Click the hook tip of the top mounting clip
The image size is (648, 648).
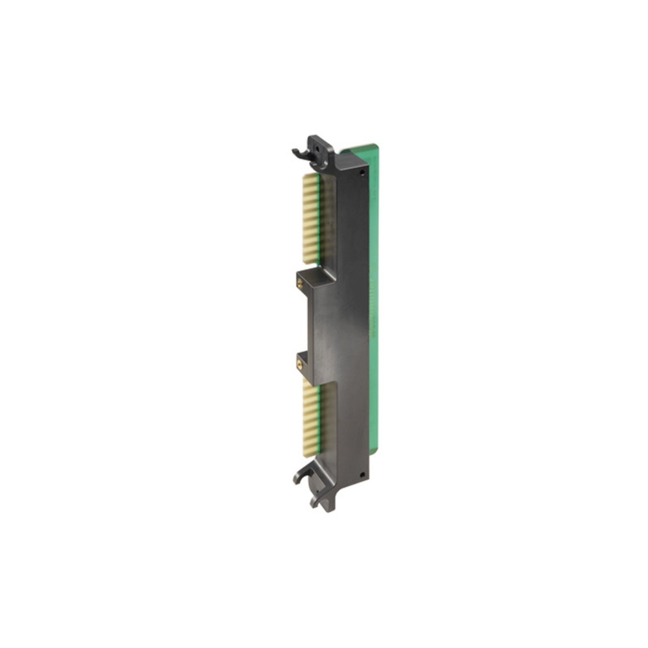[295, 152]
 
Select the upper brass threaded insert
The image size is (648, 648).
[299, 283]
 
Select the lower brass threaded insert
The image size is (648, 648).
[299, 364]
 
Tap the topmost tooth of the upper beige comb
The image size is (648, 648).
[310, 176]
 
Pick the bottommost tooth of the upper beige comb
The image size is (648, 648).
[311, 260]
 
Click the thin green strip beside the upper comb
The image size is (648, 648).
[320, 220]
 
